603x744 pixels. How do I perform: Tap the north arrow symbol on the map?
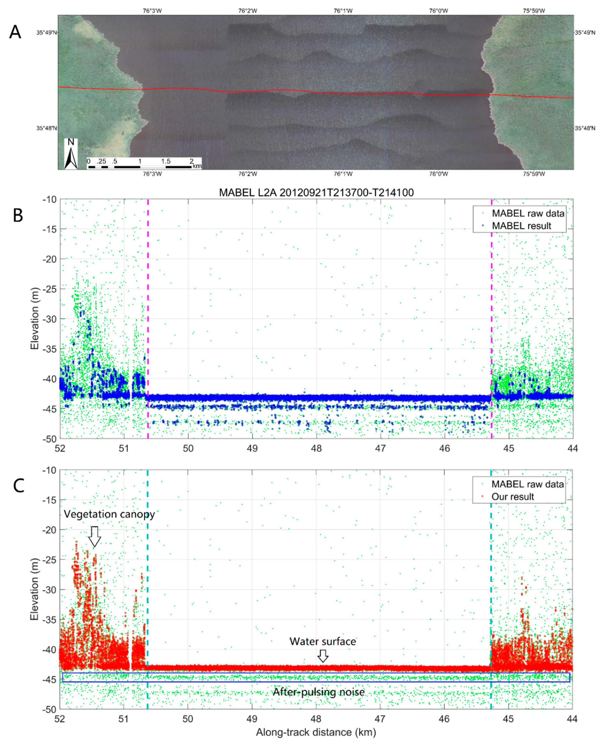coord(71,154)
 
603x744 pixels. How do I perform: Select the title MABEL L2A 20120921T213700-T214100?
coord(316,192)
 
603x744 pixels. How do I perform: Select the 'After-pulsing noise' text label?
coord(318,692)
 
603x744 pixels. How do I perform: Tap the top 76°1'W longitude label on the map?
coord(343,11)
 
